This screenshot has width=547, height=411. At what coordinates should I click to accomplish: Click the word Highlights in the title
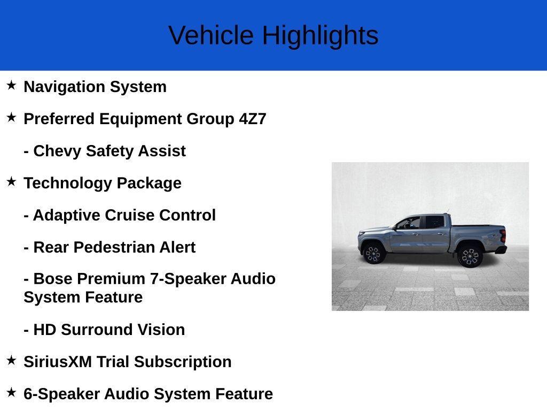(x=320, y=36)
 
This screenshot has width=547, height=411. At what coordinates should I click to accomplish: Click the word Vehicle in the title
(x=211, y=36)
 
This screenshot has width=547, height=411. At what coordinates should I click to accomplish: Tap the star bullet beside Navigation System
(x=11, y=85)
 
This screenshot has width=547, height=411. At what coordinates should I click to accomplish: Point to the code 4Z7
(x=252, y=119)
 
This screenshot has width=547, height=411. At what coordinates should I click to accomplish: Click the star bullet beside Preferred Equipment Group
(x=11, y=117)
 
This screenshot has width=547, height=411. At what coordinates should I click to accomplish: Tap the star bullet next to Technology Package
(x=11, y=181)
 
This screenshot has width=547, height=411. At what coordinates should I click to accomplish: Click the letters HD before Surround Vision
(x=45, y=330)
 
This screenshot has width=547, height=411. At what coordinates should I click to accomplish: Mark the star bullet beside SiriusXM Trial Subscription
(x=11, y=360)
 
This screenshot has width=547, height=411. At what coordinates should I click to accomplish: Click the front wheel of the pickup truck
(x=373, y=253)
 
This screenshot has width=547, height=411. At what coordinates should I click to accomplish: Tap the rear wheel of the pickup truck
(x=470, y=256)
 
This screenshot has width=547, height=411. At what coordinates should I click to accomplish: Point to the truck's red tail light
(x=503, y=236)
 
